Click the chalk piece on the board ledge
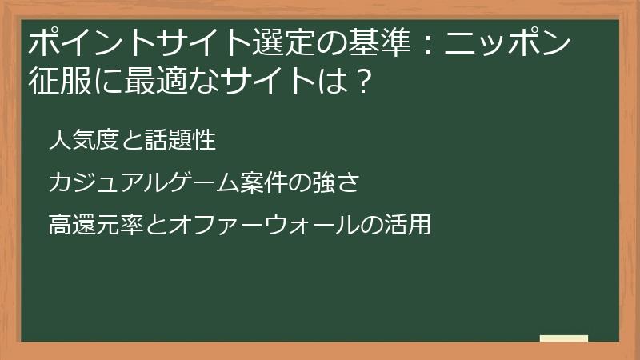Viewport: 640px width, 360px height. click(x=563, y=338)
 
